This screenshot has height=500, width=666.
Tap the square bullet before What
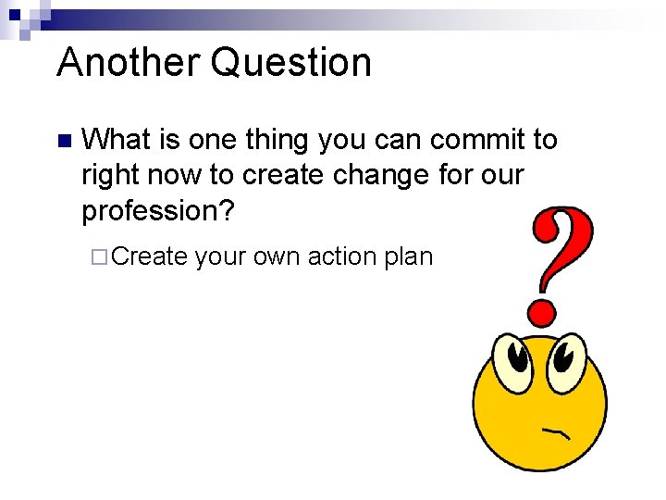tap(63, 142)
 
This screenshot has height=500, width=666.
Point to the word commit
tap(464, 140)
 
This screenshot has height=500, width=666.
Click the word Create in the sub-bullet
tap(151, 256)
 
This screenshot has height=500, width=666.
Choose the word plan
tap(408, 256)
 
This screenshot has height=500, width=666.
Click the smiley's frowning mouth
tap(555, 431)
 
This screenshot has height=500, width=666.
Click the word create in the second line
tap(278, 176)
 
